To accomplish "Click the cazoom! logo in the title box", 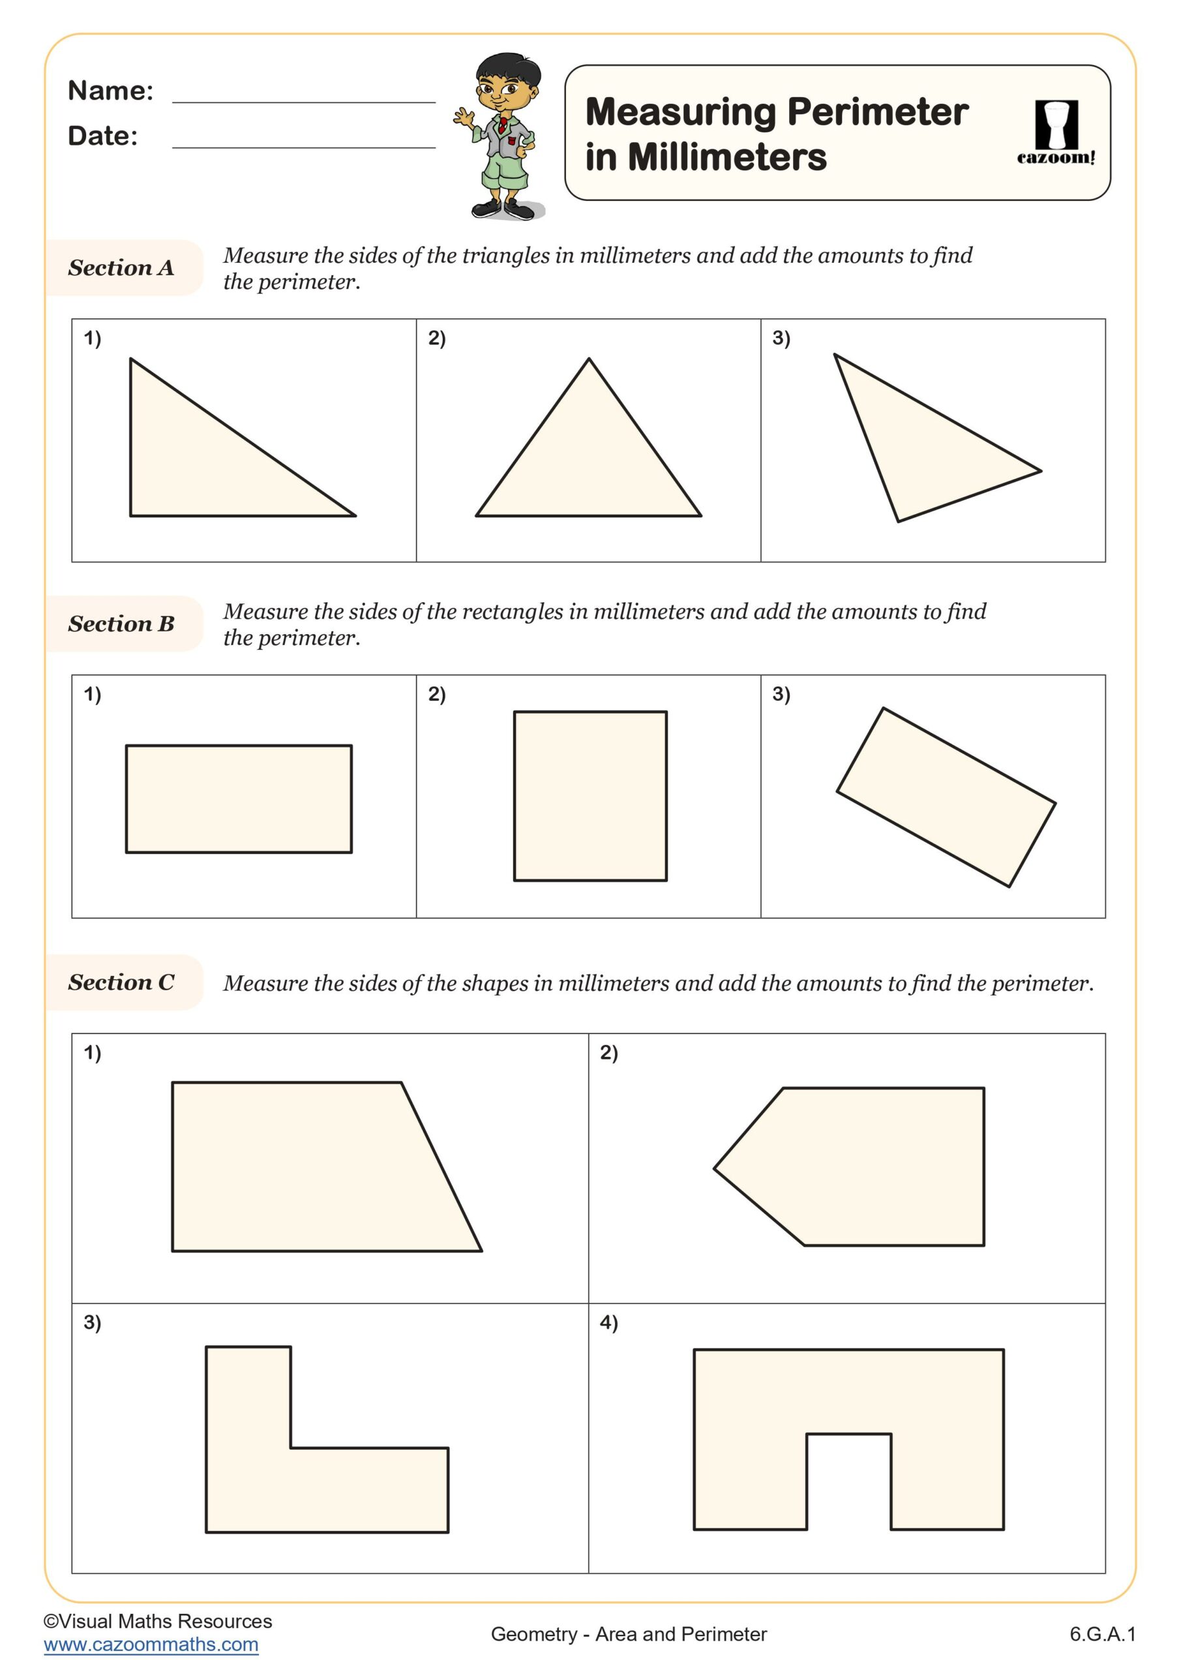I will tap(1055, 132).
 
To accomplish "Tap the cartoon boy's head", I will tap(508, 83).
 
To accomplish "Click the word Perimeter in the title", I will tap(877, 112).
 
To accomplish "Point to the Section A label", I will tap(121, 267).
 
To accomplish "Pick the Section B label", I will tap(121, 624).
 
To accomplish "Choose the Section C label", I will tap(121, 982).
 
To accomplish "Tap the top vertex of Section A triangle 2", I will tap(589, 359).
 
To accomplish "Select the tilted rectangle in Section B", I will tap(946, 797).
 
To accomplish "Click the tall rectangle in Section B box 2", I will tap(590, 796).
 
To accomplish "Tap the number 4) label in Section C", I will tap(608, 1322).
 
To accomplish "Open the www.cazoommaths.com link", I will tap(151, 1644).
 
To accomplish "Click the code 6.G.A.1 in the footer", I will tap(1101, 1633).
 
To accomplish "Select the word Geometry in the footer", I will tap(533, 1633).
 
